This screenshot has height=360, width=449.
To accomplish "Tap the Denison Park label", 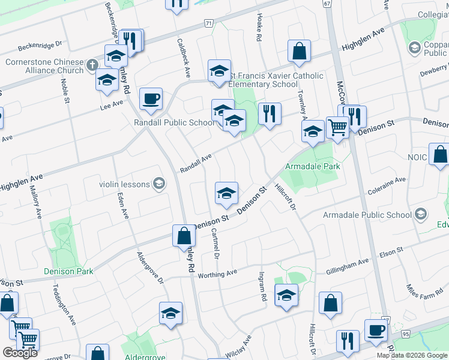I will click(x=68, y=271).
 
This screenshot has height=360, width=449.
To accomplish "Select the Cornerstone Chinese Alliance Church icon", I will click(x=91, y=64).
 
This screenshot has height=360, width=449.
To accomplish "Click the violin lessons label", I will click(x=125, y=184).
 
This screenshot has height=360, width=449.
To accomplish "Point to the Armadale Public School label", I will click(x=367, y=215).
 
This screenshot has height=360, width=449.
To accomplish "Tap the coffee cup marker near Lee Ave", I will click(x=151, y=98).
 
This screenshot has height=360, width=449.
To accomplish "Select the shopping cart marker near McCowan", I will click(x=338, y=127).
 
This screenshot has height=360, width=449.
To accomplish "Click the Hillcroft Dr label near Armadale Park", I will click(x=286, y=197).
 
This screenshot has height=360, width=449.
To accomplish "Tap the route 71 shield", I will click(x=208, y=23).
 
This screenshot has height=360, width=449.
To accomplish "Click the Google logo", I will click(x=20, y=353).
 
